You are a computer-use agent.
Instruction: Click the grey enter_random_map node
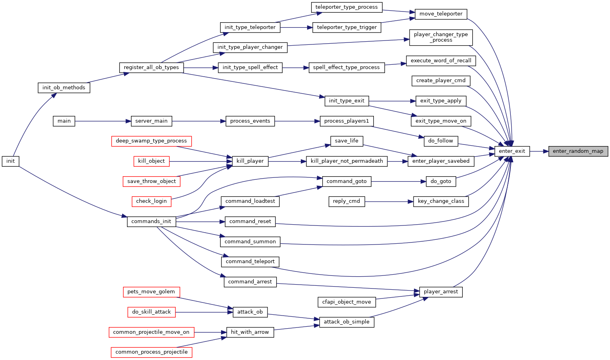[578, 151]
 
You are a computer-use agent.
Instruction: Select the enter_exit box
[512, 151]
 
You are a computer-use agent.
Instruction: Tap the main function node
[64, 121]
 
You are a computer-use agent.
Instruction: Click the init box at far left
[10, 161]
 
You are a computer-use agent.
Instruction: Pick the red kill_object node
[152, 161]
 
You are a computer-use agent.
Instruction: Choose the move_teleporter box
[441, 14]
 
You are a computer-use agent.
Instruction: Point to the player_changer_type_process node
[441, 38]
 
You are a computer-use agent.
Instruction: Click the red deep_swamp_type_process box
[152, 141]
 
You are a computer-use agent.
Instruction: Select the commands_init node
[152, 221]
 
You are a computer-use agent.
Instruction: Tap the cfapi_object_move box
[346, 302]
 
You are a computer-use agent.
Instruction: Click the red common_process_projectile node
[152, 352]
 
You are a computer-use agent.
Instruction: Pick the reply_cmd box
[346, 202]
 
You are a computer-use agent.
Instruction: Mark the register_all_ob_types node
[152, 68]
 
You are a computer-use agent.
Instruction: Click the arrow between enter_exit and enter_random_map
[539, 151]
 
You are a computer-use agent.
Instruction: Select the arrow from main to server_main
[103, 121]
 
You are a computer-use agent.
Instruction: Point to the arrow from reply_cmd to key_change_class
[389, 202]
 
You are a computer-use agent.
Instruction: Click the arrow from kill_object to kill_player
[201, 161]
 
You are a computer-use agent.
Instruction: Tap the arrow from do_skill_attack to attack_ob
[204, 312]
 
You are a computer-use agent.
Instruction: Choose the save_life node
[346, 141]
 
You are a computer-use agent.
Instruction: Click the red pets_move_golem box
[152, 292]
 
